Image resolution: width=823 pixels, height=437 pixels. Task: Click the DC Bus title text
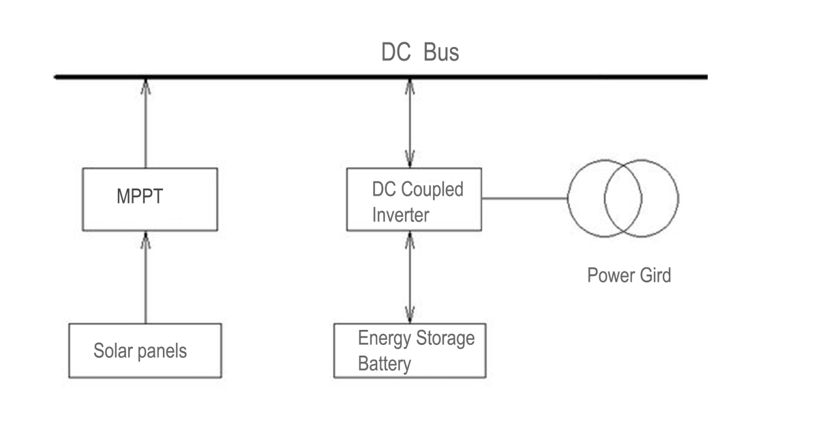[x=420, y=52]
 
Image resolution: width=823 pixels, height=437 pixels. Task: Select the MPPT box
[x=149, y=199]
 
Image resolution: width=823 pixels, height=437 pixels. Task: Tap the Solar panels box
[x=145, y=351]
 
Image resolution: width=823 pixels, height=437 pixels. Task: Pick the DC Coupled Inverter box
[x=414, y=200]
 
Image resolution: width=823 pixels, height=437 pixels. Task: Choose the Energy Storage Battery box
[x=409, y=351]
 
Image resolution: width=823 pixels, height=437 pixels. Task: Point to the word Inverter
[x=400, y=215]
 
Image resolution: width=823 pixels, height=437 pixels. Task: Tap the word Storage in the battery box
[x=445, y=338]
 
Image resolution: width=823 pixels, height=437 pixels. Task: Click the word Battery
[x=384, y=364]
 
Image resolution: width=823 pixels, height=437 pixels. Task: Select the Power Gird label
[x=629, y=275]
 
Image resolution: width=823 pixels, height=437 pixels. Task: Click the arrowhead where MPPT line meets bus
[x=145, y=86]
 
